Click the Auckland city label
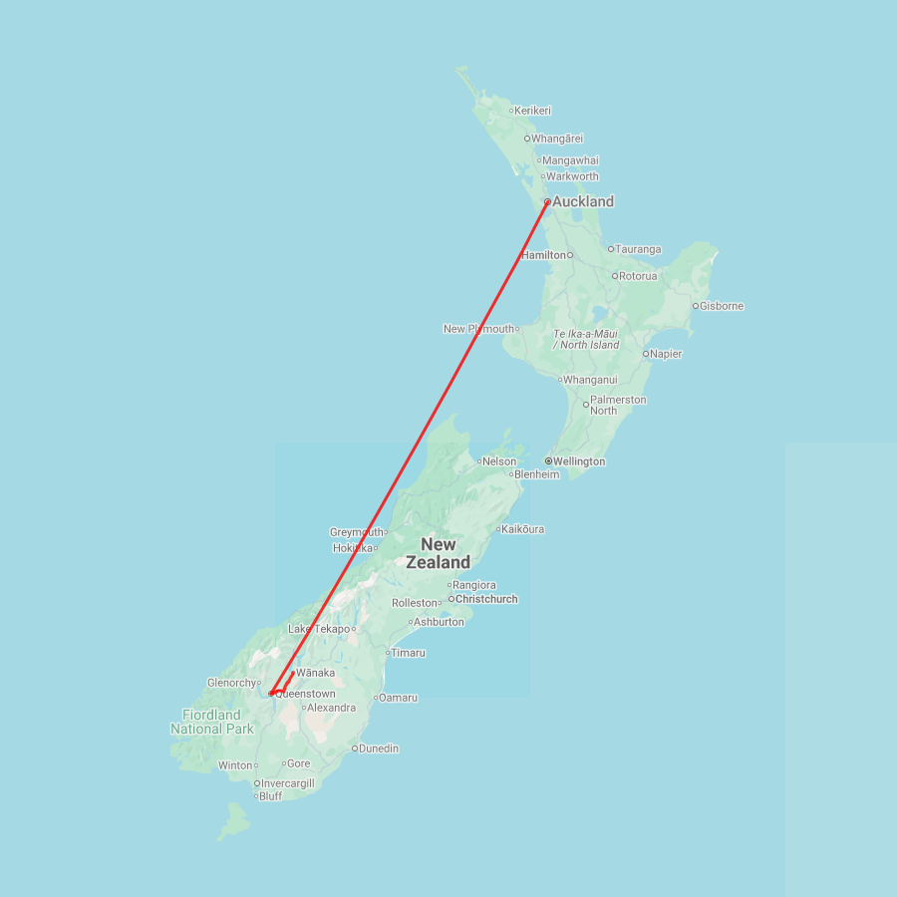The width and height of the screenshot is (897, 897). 583,201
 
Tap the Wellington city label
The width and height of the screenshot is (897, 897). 579,461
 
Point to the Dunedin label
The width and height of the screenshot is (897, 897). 379,748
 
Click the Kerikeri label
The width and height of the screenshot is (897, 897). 533,111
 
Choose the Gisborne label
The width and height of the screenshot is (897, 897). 722,306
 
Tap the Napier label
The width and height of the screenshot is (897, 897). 666,354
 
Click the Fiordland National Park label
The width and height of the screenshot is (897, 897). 211,722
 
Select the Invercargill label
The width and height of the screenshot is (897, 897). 288,783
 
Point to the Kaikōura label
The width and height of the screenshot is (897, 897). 523,529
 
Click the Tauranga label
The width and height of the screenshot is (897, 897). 638,249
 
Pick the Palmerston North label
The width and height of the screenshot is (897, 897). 618,405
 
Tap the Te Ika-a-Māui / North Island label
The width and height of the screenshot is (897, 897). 586,339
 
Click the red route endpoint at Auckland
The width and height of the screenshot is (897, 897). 547,201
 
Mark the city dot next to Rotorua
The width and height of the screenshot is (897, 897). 615,276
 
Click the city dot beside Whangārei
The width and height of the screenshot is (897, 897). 527,139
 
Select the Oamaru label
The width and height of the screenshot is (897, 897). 398,698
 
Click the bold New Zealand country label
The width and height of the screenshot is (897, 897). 439,553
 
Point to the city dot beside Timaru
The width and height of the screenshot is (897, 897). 387,653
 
